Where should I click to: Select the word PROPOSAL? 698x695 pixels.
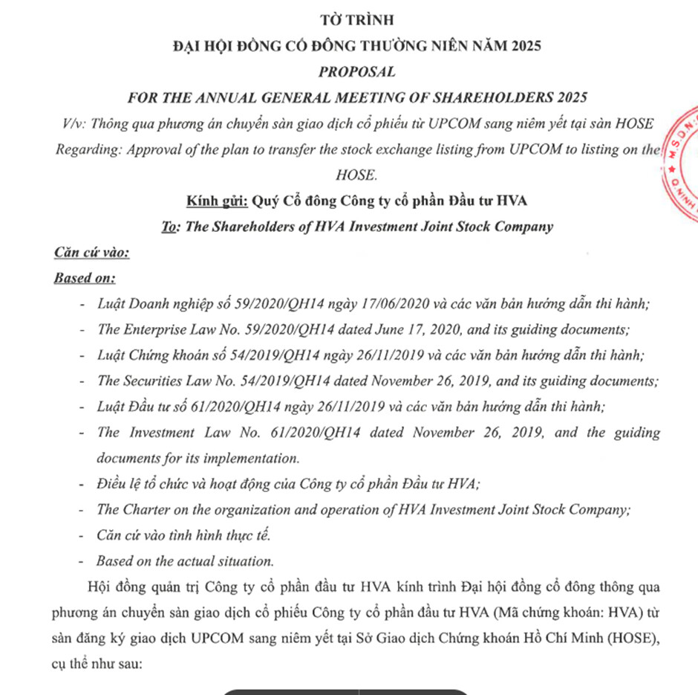356,71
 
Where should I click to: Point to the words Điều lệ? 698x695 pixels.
117,484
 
